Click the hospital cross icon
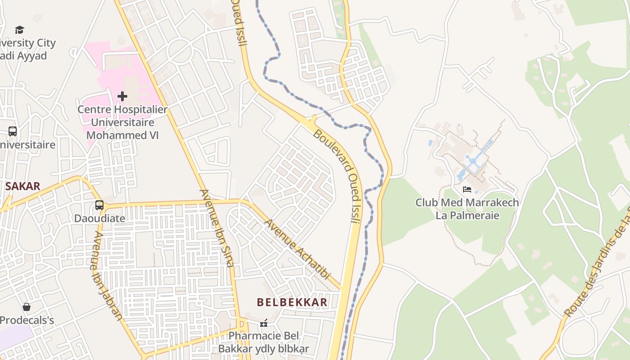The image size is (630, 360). (x=122, y=96)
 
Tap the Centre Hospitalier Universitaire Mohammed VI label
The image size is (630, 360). (x=122, y=122)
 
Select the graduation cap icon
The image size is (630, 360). (x=19, y=30)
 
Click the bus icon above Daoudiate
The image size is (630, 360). (x=99, y=205)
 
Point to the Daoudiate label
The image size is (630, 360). (x=99, y=218)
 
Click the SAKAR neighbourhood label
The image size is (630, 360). (x=22, y=186)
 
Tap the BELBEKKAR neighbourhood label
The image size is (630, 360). (x=292, y=302)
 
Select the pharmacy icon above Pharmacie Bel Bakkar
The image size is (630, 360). (x=264, y=323)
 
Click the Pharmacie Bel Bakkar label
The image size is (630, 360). (x=264, y=342)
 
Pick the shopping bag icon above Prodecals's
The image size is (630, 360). (x=27, y=307)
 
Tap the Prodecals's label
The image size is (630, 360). (x=27, y=320)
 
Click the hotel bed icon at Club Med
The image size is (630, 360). (x=467, y=189)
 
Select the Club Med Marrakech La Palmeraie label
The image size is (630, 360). (x=467, y=209)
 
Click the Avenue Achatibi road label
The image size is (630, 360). (x=297, y=249)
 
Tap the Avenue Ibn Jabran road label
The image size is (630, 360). (x=107, y=275)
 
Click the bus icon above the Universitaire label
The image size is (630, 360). (x=13, y=131)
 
